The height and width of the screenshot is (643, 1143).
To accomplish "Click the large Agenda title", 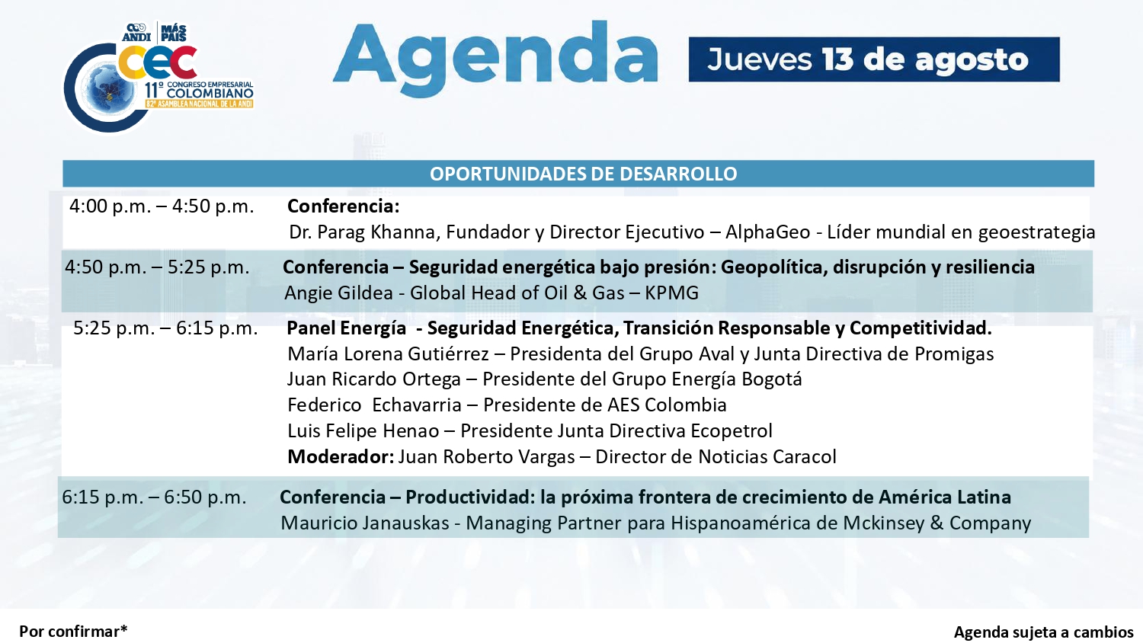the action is click(495, 59).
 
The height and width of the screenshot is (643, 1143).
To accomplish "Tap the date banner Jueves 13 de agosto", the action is click(873, 59).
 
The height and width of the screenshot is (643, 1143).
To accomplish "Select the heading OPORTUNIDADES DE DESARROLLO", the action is click(583, 174).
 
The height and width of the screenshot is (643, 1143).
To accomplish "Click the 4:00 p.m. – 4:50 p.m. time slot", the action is click(162, 206).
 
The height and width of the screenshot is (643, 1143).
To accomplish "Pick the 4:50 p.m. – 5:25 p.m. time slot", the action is click(157, 267).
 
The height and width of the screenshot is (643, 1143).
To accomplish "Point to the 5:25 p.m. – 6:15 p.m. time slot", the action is click(166, 328).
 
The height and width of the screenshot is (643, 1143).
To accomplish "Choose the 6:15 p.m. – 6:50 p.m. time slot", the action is click(154, 497).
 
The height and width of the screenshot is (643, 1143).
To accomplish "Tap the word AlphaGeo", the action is click(768, 232).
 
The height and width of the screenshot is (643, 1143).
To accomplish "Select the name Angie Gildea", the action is click(339, 293).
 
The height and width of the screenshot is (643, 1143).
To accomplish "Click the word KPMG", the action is click(671, 293).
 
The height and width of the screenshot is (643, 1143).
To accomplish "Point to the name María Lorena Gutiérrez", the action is click(389, 353).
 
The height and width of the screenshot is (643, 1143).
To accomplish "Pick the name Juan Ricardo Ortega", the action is click(374, 379).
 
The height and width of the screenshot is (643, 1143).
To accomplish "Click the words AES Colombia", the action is click(667, 405).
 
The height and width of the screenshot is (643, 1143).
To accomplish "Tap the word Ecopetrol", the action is click(732, 430).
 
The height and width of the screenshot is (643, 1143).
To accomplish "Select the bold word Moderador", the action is click(341, 456).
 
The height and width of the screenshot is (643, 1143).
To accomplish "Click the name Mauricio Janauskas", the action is click(365, 523).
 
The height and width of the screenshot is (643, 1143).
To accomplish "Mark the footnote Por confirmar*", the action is click(73, 632).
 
